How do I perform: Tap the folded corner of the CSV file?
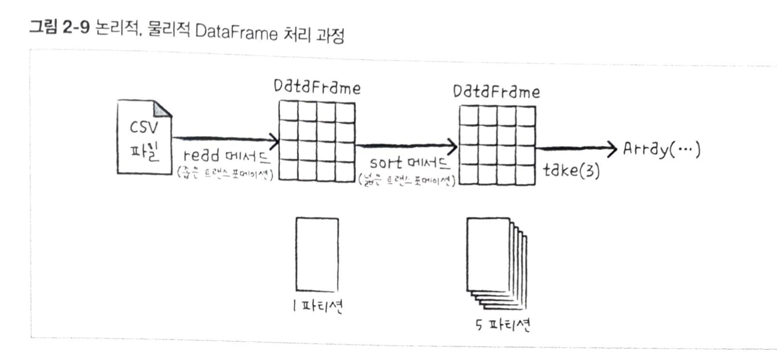click(x=163, y=109)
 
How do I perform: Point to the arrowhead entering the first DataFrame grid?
click(x=275, y=139)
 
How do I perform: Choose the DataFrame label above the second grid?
click(x=496, y=92)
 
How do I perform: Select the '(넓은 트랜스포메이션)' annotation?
click(x=406, y=179)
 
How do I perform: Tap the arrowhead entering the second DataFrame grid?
click(x=454, y=147)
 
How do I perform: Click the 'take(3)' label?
click(x=571, y=171)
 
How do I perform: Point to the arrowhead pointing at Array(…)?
click(x=614, y=148)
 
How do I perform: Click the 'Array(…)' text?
click(x=661, y=150)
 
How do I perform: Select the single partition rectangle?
click(x=317, y=254)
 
